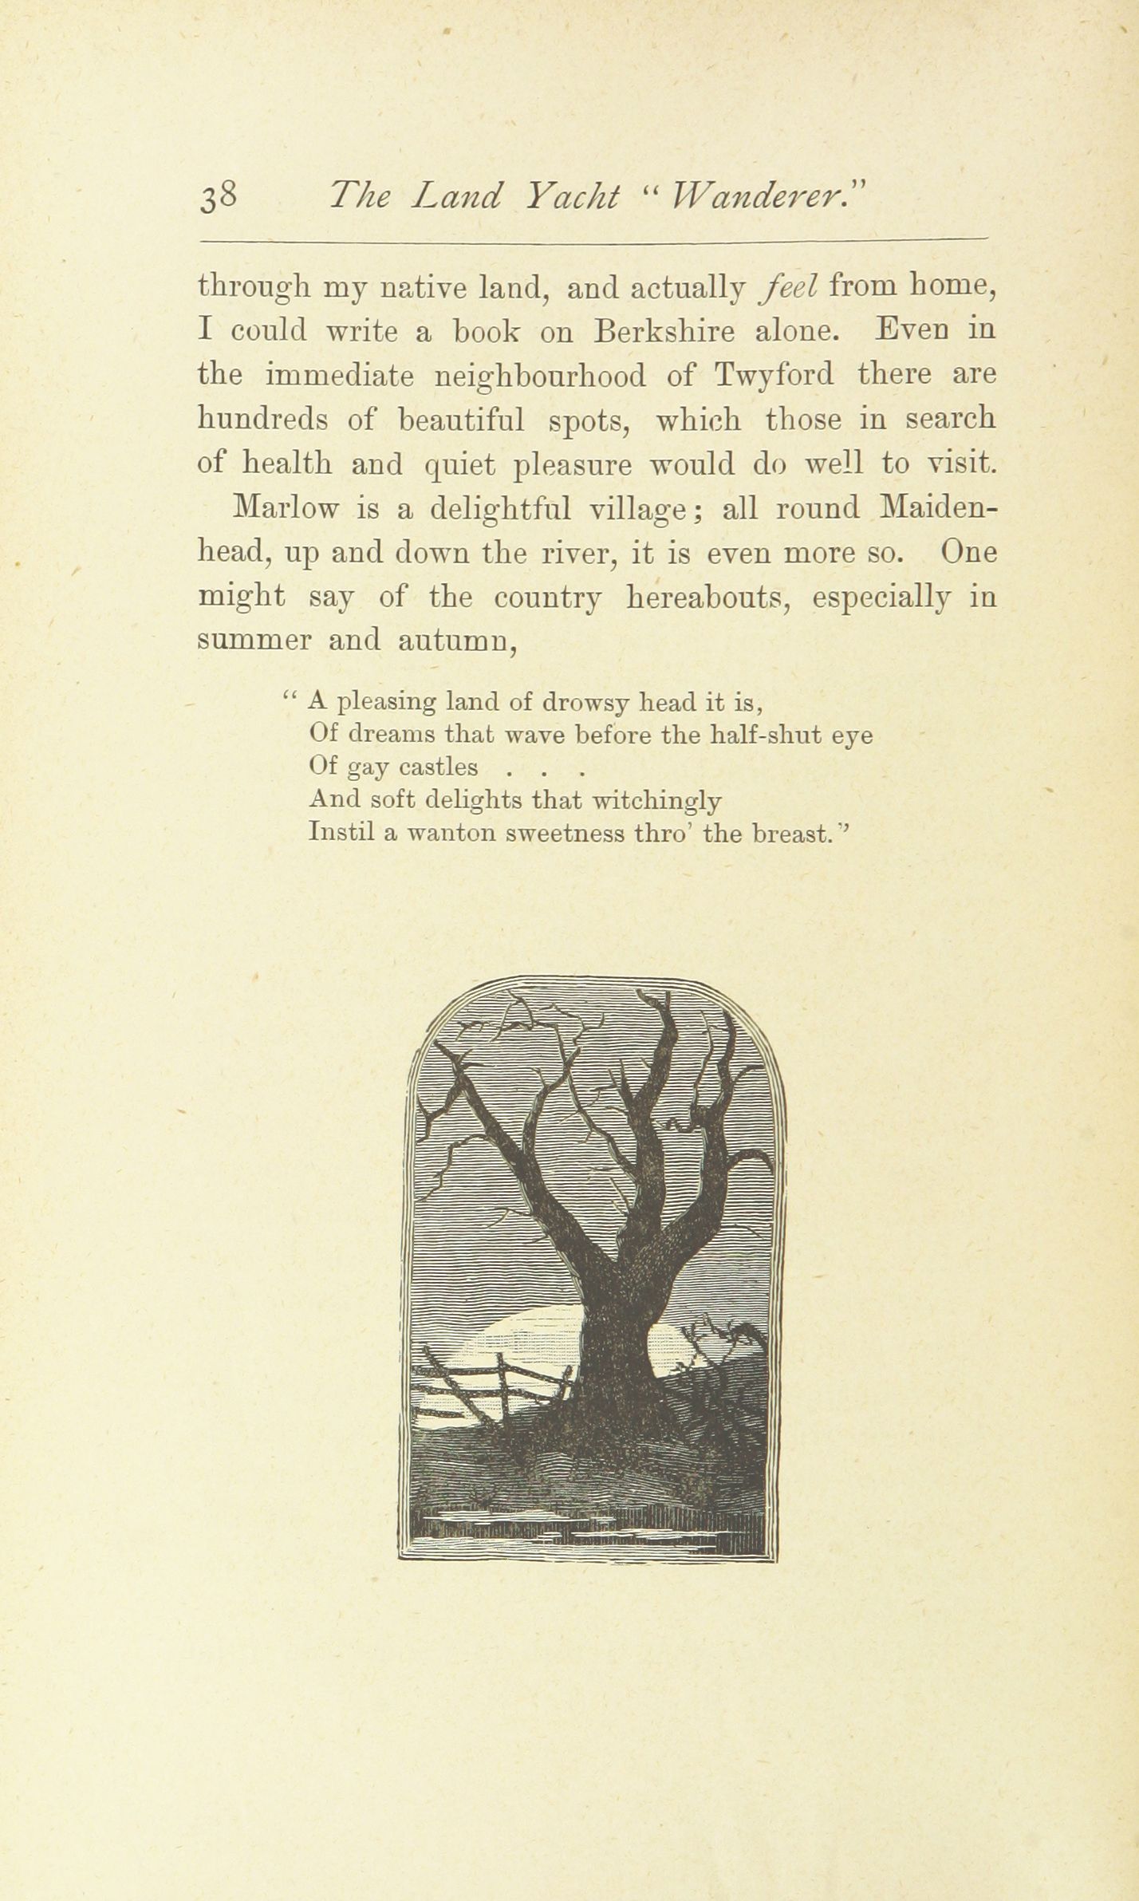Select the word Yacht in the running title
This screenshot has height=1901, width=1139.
click(573, 196)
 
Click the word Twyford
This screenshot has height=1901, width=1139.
click(774, 375)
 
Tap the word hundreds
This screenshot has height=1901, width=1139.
click(265, 419)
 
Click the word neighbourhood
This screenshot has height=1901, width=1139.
click(550, 375)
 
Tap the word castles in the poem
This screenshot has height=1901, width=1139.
click(438, 767)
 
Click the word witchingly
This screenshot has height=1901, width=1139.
click(659, 800)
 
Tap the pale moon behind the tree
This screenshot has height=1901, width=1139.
click(518, 1348)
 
